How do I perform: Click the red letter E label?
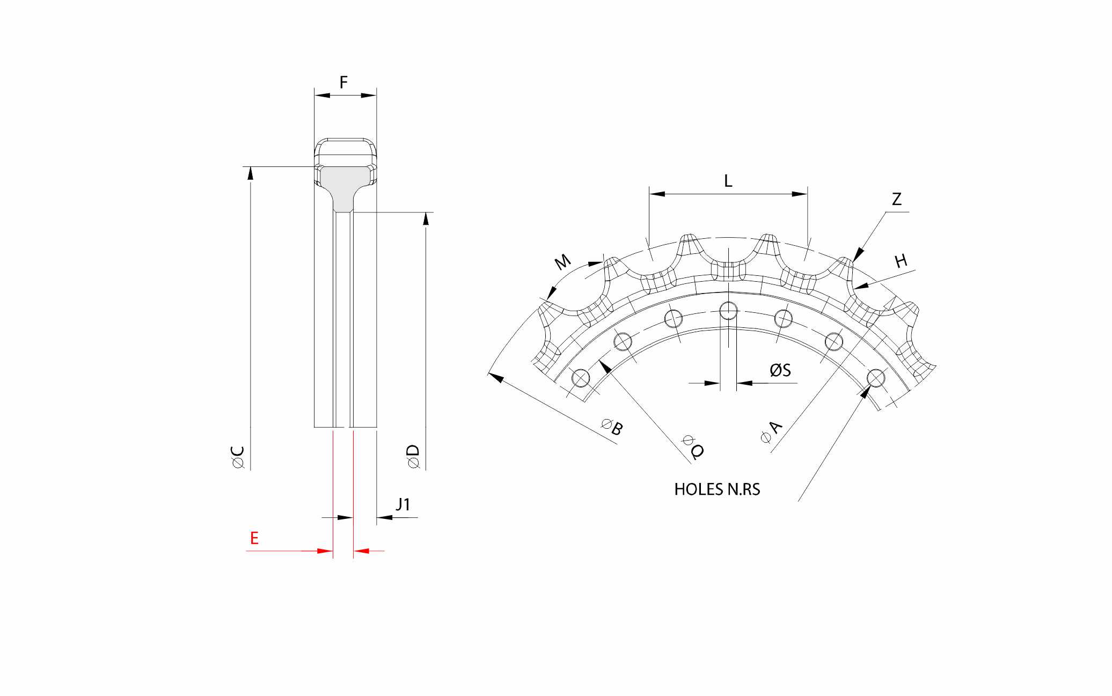click(254, 538)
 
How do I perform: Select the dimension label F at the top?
click(344, 82)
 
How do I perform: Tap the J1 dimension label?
click(403, 504)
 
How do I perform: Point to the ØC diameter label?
click(238, 458)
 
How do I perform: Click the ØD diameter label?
click(413, 457)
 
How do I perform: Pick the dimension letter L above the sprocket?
click(728, 181)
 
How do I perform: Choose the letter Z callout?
click(897, 199)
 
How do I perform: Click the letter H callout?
click(901, 261)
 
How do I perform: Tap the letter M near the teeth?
click(562, 262)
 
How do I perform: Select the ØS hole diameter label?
click(780, 370)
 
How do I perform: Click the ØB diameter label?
click(613, 428)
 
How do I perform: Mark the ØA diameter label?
click(772, 432)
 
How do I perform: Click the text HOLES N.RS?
click(717, 489)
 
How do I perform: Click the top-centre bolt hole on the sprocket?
click(728, 310)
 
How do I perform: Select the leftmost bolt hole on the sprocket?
click(581, 378)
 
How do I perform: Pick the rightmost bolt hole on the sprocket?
click(876, 378)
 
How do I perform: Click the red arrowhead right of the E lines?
click(362, 551)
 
